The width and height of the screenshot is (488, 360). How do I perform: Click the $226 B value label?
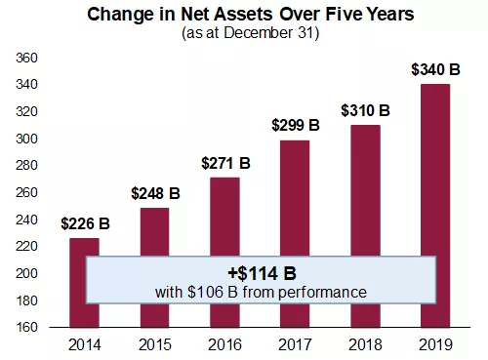(85, 223)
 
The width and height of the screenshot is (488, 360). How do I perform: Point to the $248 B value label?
(154, 193)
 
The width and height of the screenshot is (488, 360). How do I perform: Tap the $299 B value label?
(296, 125)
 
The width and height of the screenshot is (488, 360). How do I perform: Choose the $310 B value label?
(366, 110)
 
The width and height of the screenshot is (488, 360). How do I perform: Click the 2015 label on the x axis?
(154, 344)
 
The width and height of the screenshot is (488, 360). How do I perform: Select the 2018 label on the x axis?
(366, 344)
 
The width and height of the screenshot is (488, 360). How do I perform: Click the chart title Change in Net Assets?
(243, 14)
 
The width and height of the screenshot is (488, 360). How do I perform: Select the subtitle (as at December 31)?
(243, 32)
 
